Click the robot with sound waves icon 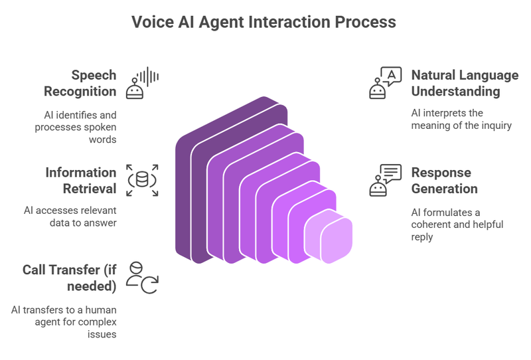pyautogui.click(x=143, y=82)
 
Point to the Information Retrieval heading pyautogui.click(x=80, y=181)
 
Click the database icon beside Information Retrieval pyautogui.click(x=142, y=179)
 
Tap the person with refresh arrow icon pyautogui.click(x=141, y=278)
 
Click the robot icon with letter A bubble pyautogui.click(x=384, y=82)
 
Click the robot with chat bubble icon pyautogui.click(x=385, y=180)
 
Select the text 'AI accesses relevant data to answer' pyautogui.click(x=70, y=217)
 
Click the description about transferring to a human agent pyautogui.click(x=63, y=321)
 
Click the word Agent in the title pyautogui.click(x=226, y=22)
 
